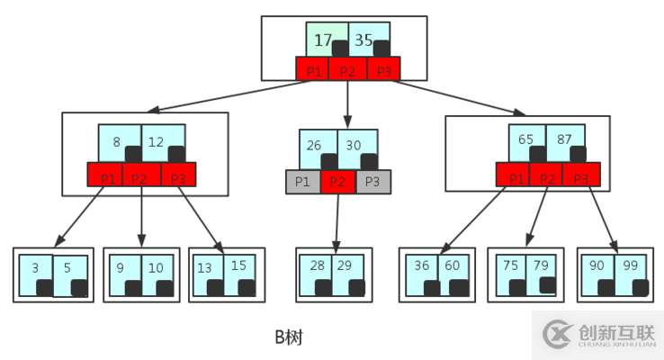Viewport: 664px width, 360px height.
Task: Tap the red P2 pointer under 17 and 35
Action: pos(348,69)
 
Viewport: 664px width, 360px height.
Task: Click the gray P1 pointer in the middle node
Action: pos(303,182)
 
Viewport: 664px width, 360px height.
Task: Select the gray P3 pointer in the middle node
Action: pos(373,182)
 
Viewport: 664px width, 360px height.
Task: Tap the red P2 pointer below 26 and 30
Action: pos(338,182)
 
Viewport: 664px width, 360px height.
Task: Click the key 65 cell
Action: pos(527,140)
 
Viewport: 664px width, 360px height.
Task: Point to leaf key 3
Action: pos(36,269)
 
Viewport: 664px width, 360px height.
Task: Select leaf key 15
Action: pos(238,267)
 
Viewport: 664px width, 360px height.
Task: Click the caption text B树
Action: pos(289,337)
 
